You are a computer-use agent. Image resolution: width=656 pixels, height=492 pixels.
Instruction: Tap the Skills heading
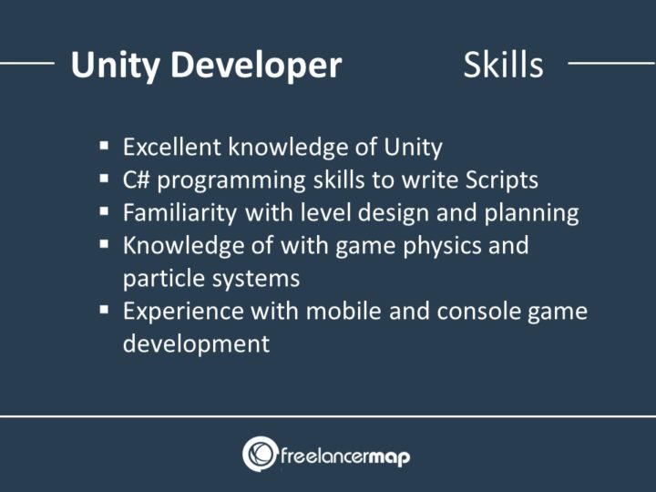click(x=503, y=65)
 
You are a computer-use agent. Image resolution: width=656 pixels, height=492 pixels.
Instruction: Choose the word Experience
click(x=173, y=312)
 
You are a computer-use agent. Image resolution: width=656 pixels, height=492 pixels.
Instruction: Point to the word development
click(x=196, y=343)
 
